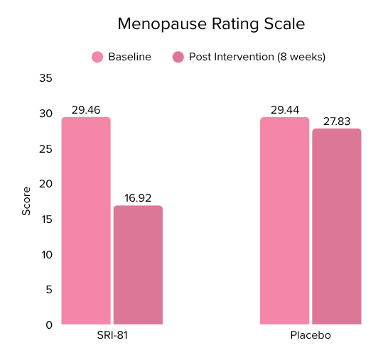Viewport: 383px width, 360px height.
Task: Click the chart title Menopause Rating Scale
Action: pyautogui.click(x=210, y=24)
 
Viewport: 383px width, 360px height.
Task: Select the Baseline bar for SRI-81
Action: pyautogui.click(x=86, y=221)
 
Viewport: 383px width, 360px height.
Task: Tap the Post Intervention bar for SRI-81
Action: pyautogui.click(x=138, y=265)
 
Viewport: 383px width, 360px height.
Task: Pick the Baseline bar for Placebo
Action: pyautogui.click(x=284, y=221)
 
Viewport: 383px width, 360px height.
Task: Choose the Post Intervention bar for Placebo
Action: pyautogui.click(x=337, y=227)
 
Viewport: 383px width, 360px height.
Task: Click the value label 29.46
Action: pyautogui.click(x=86, y=109)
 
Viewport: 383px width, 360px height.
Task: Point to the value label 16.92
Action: pyautogui.click(x=138, y=198)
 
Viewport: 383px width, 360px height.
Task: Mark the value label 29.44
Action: pyautogui.click(x=284, y=109)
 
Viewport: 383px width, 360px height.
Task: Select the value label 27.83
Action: pyautogui.click(x=337, y=121)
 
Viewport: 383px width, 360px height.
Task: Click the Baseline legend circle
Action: pyautogui.click(x=97, y=57)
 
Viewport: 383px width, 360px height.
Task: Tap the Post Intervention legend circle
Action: pyautogui.click(x=178, y=57)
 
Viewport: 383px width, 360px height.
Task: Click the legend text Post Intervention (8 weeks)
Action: pyautogui.click(x=257, y=57)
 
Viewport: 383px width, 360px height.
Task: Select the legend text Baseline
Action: pyautogui.click(x=129, y=57)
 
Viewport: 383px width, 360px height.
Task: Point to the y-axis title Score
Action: pyautogui.click(x=26, y=201)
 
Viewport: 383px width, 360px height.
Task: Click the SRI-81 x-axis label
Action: pyautogui.click(x=112, y=336)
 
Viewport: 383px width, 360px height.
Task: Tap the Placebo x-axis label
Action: pyautogui.click(x=311, y=336)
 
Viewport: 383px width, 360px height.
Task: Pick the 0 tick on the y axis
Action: pyautogui.click(x=48, y=324)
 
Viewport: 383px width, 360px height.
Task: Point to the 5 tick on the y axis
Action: pyautogui.click(x=48, y=290)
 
